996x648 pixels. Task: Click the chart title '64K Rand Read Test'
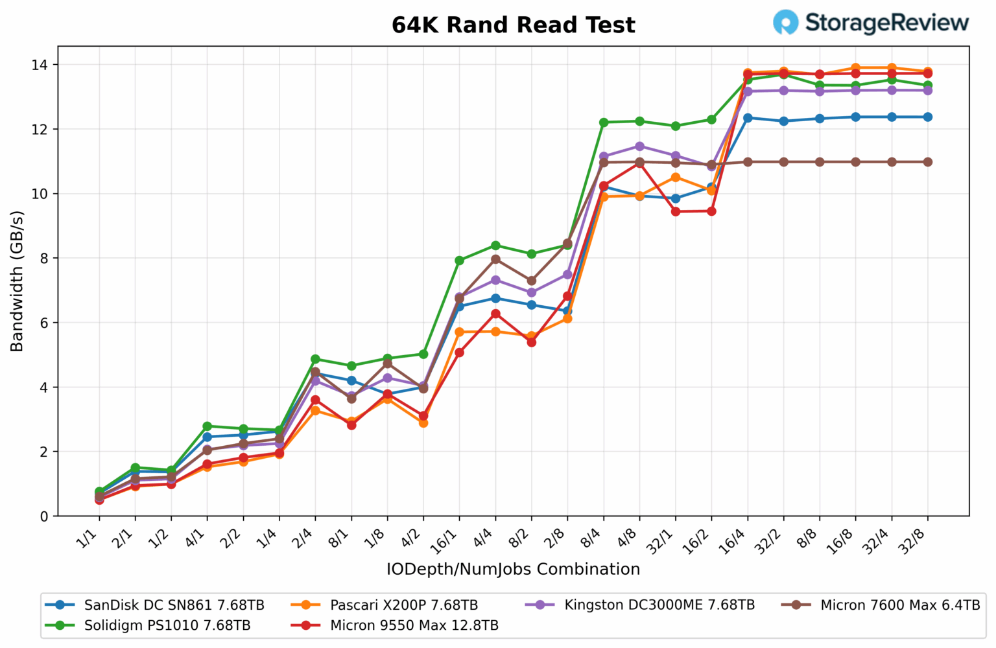pos(513,25)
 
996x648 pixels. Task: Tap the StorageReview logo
pos(871,23)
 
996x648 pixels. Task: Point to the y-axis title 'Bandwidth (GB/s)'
pos(17,281)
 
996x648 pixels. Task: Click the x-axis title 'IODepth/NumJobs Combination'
pos(513,569)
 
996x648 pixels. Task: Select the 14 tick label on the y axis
pos(40,65)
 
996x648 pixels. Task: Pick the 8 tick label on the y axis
pos(43,258)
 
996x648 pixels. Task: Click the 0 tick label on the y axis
pos(43,516)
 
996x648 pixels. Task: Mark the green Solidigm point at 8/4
pos(604,122)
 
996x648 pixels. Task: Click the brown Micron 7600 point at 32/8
pos(927,162)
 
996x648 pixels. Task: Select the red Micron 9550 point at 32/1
pos(676,211)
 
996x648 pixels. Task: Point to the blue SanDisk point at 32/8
pos(927,117)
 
